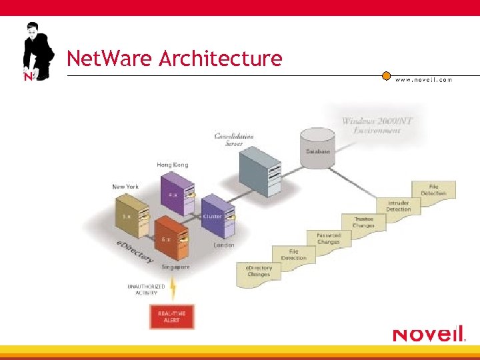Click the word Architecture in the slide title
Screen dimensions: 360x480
[x=220, y=59]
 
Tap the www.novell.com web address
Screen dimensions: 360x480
[x=423, y=79]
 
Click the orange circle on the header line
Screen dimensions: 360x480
[x=386, y=75]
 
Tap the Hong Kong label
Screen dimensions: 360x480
[x=172, y=165]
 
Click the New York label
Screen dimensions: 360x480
[x=125, y=187]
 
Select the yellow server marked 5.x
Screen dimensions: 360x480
[x=129, y=215]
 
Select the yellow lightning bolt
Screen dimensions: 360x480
[x=173, y=289]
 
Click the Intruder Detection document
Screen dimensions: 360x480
[x=398, y=205]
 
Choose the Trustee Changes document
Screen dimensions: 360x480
[x=363, y=222]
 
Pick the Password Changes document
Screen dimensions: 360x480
[x=328, y=239]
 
